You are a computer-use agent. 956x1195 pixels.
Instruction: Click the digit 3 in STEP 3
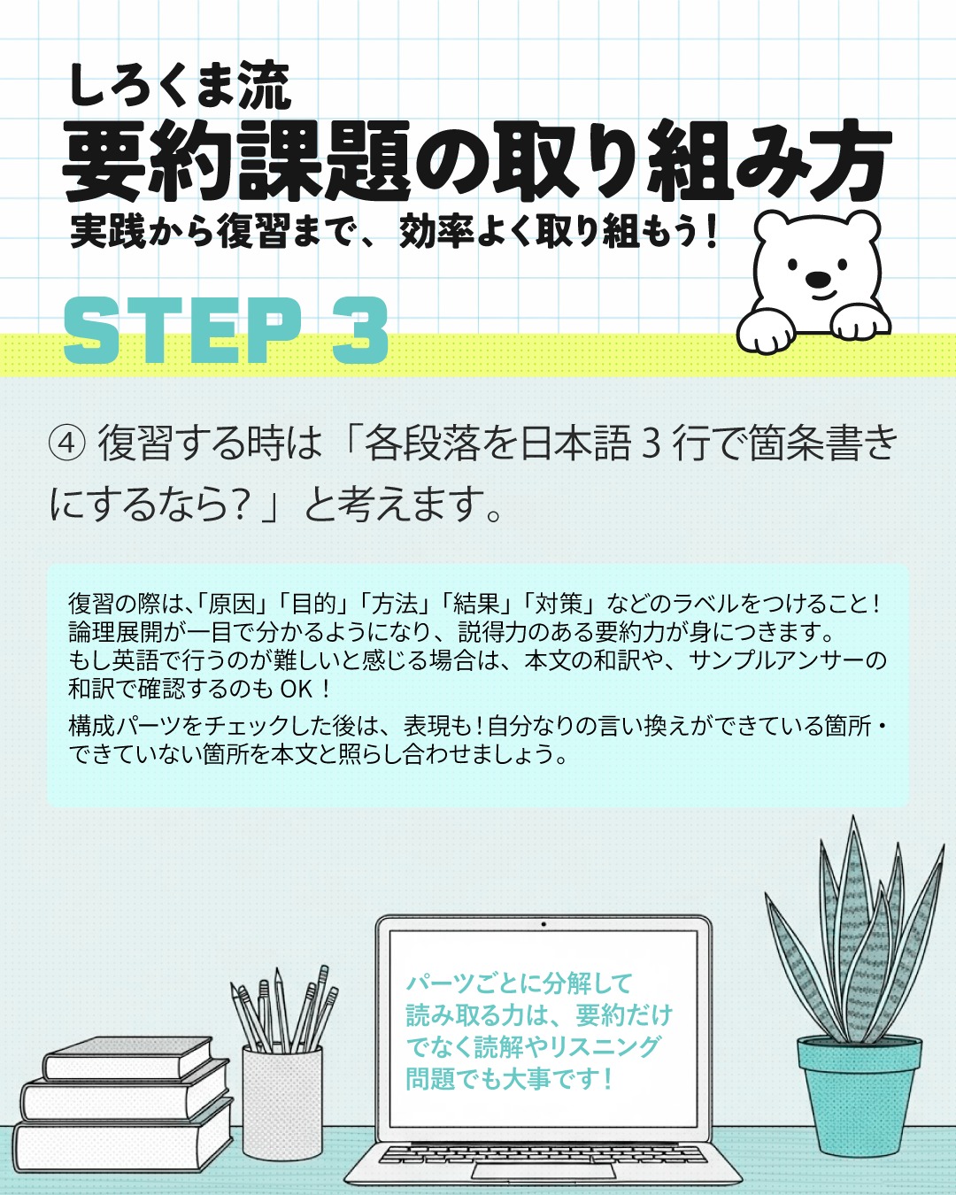360,330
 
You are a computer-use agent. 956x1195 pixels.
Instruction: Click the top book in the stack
128,1058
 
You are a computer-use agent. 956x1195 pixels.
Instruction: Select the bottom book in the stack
119,1145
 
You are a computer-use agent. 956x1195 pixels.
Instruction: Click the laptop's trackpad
543,1170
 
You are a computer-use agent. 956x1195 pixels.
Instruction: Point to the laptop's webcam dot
543,925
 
